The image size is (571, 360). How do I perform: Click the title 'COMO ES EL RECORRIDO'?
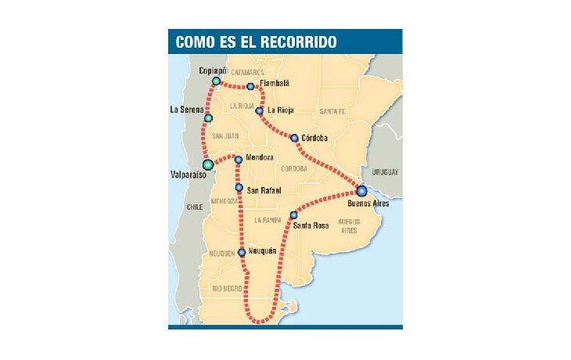[257, 42]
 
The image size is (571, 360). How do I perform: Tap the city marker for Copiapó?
[216, 81]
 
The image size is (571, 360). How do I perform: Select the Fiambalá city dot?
[250, 87]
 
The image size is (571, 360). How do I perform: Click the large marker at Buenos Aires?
[361, 190]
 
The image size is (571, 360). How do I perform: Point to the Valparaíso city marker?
[208, 164]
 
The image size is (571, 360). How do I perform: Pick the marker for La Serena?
[208, 118]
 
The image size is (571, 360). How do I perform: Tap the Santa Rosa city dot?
[293, 215]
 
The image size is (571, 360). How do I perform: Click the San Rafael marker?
[239, 188]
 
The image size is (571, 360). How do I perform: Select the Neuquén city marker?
[242, 252]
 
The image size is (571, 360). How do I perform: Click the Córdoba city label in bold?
[314, 139]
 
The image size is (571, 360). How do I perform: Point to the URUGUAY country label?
[386, 172]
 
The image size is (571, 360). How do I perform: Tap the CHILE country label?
[195, 207]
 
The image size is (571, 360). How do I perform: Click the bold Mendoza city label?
[260, 158]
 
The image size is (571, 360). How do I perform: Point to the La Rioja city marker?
[260, 111]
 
